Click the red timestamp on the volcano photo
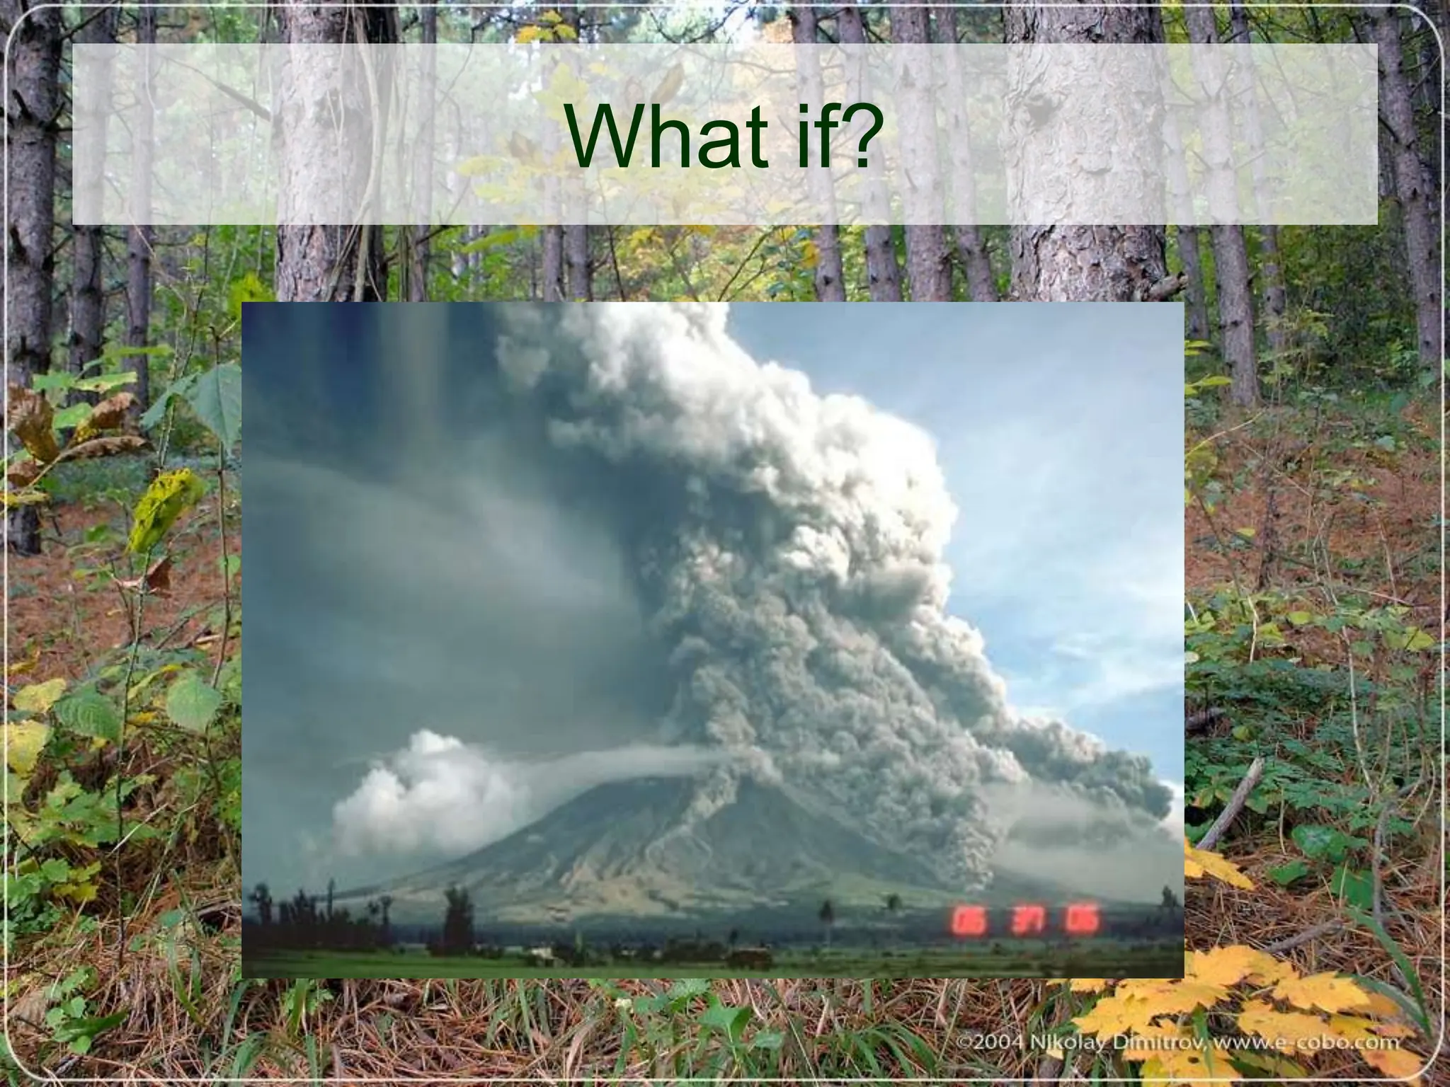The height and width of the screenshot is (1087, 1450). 1015,921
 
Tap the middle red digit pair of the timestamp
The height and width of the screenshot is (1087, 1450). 1017,921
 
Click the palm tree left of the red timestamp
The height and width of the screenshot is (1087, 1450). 825,916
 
